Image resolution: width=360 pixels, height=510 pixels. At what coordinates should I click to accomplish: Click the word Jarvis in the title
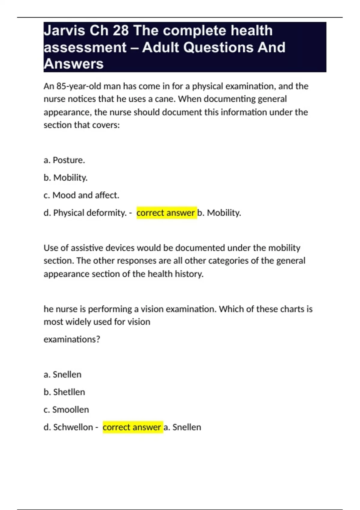pos(64,31)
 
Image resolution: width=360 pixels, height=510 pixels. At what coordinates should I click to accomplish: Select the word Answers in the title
pos(73,64)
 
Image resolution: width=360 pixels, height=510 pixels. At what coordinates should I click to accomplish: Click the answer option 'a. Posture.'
pos(64,160)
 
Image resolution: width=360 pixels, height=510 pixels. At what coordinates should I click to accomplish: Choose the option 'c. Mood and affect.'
pos(81,195)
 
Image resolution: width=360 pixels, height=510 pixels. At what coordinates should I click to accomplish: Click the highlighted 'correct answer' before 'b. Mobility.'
pos(166,213)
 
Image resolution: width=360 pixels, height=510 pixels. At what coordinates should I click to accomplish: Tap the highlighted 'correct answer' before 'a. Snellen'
pos(132,427)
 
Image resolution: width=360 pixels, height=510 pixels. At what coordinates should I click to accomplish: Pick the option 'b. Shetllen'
pos(64,392)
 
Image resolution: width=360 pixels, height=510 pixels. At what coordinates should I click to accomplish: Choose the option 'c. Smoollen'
pos(66,410)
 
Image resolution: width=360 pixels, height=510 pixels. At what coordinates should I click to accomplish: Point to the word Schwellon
pos(73,427)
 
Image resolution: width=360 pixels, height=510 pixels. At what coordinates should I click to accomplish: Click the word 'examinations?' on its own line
pos(72,340)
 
